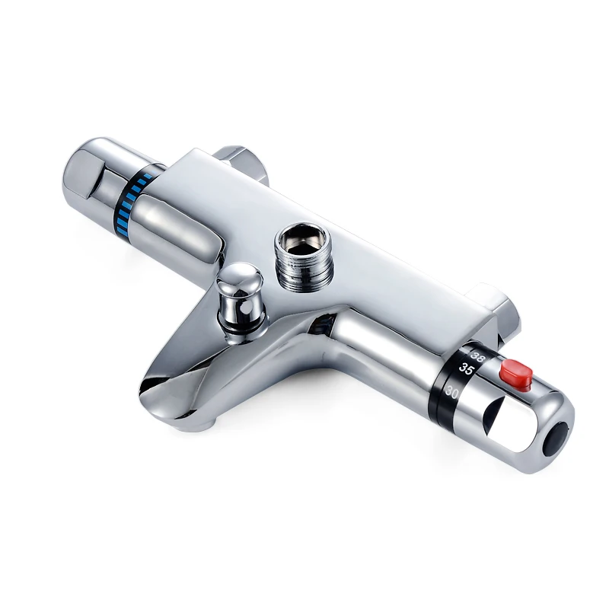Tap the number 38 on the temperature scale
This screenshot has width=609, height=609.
[477, 356]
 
